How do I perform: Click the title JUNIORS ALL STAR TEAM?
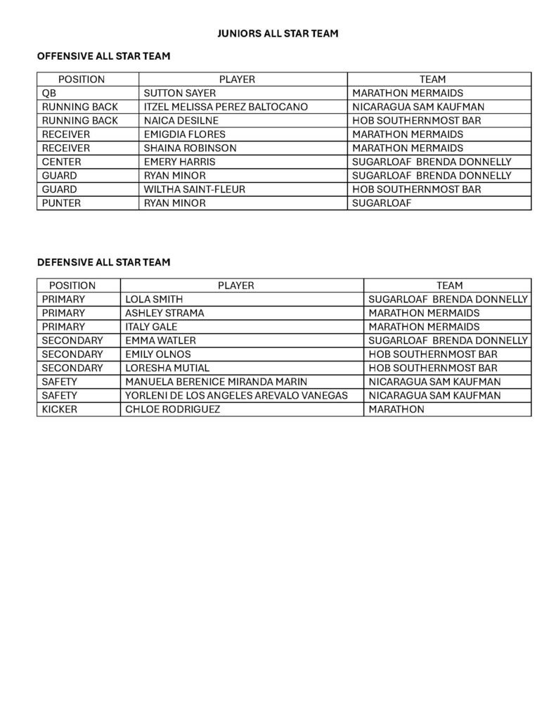pyautogui.click(x=278, y=33)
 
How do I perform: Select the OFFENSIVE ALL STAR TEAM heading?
pyautogui.click(x=103, y=56)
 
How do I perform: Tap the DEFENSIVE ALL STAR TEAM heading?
pyautogui.click(x=103, y=262)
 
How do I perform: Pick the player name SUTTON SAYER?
pyautogui.click(x=179, y=93)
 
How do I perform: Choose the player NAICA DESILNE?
pyautogui.click(x=181, y=120)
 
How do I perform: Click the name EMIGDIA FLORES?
pyautogui.click(x=185, y=134)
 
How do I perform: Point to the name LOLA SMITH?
pyautogui.click(x=154, y=299)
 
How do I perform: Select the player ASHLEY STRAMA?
pyautogui.click(x=164, y=313)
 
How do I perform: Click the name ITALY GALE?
pyautogui.click(x=151, y=326)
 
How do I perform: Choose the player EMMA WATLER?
pyautogui.click(x=160, y=340)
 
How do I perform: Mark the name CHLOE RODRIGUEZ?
pyautogui.click(x=172, y=409)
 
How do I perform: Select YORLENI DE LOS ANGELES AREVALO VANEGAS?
pyautogui.click(x=236, y=395)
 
